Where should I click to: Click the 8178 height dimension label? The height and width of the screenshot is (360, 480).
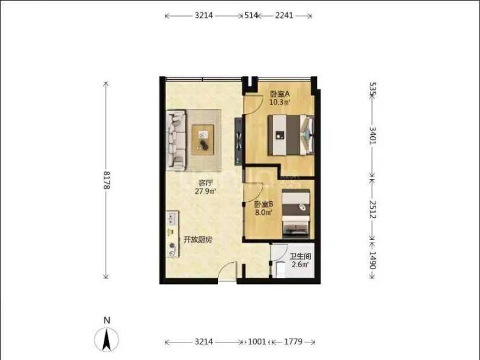click(x=106, y=180)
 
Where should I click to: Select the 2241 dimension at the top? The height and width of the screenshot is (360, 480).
click(x=284, y=16)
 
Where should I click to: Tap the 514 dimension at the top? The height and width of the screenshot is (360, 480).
click(x=251, y=16)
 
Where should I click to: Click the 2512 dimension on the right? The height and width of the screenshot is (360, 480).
click(x=372, y=210)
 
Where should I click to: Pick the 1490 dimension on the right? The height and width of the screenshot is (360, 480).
click(x=372, y=260)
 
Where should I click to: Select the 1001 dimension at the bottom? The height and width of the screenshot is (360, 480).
click(x=257, y=341)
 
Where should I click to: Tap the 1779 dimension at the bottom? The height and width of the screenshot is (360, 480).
click(x=293, y=341)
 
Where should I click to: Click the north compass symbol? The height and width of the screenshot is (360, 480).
click(x=106, y=339)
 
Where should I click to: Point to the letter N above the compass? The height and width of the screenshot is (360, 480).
click(x=107, y=320)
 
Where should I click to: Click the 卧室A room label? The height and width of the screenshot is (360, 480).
click(x=280, y=93)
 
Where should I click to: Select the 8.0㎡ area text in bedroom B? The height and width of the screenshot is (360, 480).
click(x=264, y=212)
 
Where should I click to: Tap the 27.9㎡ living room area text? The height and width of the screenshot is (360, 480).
click(x=206, y=191)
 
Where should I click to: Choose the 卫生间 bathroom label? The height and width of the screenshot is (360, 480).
click(x=300, y=256)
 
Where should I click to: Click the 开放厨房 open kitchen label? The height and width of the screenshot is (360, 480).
click(x=198, y=240)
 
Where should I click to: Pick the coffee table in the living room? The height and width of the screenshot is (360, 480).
click(x=202, y=140)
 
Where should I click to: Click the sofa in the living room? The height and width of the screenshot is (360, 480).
click(x=176, y=141)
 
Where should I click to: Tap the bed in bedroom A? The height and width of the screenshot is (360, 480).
click(x=291, y=135)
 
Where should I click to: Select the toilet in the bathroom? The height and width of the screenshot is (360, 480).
click(x=281, y=269)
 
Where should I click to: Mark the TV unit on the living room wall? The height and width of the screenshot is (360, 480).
click(x=239, y=141)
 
